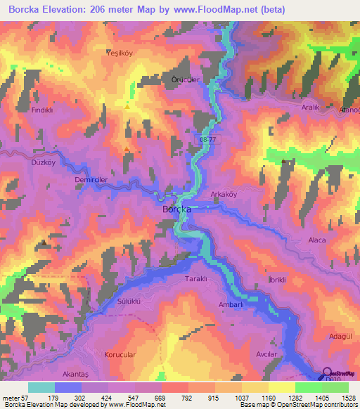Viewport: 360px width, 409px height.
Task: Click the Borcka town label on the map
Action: (177, 209)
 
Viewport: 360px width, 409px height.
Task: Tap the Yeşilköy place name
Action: (119, 53)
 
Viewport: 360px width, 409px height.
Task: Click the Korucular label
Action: (120, 355)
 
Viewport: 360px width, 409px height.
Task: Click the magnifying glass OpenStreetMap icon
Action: (326, 373)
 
